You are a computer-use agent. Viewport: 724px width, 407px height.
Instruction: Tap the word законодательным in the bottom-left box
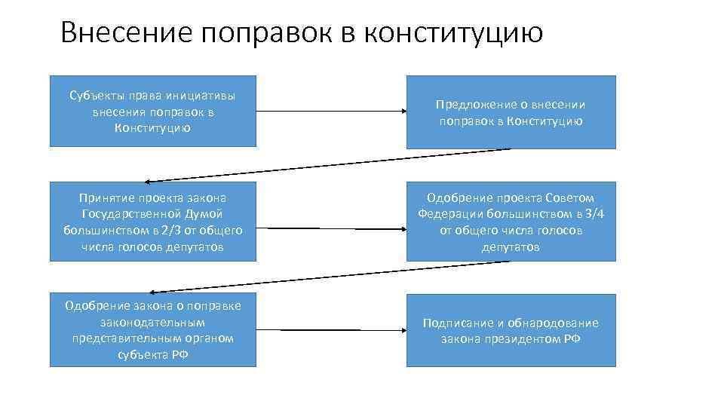tap(152, 322)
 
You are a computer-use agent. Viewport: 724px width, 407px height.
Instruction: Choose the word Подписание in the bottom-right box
tap(455, 323)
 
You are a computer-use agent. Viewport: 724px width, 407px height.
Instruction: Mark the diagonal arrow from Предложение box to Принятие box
tap(329, 165)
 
